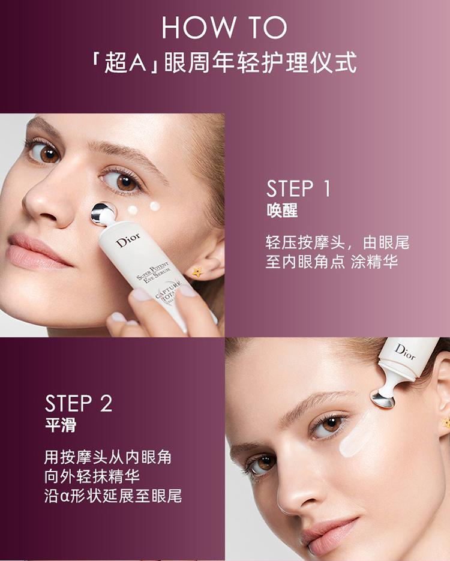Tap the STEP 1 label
[298, 188]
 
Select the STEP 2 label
[79, 403]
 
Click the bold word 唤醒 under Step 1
[282, 211]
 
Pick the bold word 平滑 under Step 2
[61, 425]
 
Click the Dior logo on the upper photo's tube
[128, 240]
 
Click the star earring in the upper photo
[197, 272]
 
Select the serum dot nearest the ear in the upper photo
[155, 206]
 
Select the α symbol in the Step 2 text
[65, 497]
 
